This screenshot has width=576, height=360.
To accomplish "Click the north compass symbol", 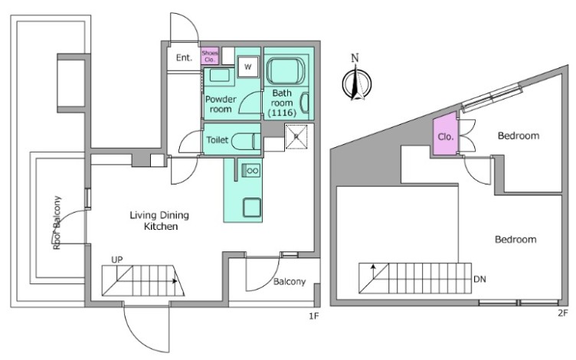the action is click(356, 83).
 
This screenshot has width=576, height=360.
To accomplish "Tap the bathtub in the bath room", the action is click(286, 70).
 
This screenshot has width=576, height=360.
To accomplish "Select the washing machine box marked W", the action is click(248, 67).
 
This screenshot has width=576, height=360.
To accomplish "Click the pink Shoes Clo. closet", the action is click(210, 56).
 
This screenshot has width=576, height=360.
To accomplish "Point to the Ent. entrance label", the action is click(184, 57).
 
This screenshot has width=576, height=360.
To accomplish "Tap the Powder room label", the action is click(221, 104).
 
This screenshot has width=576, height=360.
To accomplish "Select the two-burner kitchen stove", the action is click(251, 171).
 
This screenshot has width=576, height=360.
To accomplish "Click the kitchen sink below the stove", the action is click(252, 208).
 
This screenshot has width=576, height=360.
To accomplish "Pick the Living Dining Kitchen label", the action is click(160, 221).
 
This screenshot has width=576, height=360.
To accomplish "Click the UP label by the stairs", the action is click(117, 260).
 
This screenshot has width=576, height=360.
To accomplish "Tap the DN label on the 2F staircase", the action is click(479, 279).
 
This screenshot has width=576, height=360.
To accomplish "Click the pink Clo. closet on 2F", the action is click(446, 134).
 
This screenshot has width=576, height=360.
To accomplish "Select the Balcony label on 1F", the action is click(290, 282).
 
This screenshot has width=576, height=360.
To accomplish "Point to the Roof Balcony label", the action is click(57, 223).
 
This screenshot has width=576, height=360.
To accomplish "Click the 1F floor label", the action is click(313, 316).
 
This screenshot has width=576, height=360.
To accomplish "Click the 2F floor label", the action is click(563, 313).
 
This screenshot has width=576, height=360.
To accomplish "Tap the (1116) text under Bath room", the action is click(282, 113).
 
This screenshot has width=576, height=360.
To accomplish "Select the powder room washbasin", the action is click(219, 77).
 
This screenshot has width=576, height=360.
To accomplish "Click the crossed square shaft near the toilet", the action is click(296, 136).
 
